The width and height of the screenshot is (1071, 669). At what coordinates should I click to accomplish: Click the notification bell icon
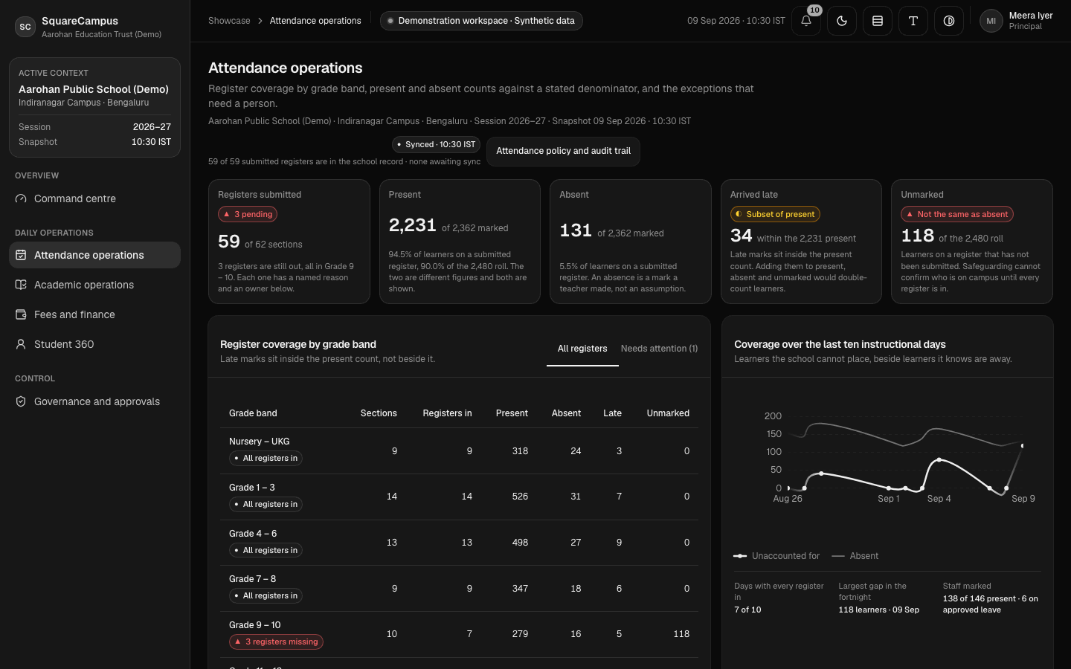[x=806, y=21]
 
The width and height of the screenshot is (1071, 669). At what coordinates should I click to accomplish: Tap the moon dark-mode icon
[x=842, y=21]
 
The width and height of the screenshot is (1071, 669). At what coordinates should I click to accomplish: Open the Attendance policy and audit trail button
[x=563, y=151]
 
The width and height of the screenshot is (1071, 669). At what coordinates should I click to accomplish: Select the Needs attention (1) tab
[x=659, y=349]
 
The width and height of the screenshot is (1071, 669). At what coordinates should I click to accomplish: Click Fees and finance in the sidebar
[x=74, y=314]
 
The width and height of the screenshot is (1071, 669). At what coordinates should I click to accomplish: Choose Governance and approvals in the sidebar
[x=97, y=401]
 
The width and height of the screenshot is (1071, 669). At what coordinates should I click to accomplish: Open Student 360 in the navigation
[x=64, y=344]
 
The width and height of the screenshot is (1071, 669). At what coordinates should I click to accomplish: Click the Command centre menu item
[x=74, y=198]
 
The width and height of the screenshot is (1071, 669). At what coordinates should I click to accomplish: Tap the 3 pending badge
[x=248, y=214]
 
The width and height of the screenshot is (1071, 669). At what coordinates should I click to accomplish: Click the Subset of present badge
[x=775, y=214]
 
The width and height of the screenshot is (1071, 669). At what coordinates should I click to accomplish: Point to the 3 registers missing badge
[x=276, y=641]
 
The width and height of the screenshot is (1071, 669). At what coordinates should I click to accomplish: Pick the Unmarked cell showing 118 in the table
[x=681, y=634]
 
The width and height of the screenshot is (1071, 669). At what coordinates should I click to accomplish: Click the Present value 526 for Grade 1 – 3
[x=520, y=497]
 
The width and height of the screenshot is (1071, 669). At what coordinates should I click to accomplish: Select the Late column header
[x=612, y=413]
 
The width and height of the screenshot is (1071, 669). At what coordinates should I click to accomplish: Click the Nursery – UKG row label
[x=259, y=442]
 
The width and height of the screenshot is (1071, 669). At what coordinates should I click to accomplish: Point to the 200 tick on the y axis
[x=773, y=416]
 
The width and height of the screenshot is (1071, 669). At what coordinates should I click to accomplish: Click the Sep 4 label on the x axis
[x=939, y=499]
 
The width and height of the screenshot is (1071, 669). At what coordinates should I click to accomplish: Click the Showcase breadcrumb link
[x=229, y=21]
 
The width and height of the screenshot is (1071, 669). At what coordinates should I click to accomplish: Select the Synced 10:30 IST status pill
[x=436, y=145]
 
